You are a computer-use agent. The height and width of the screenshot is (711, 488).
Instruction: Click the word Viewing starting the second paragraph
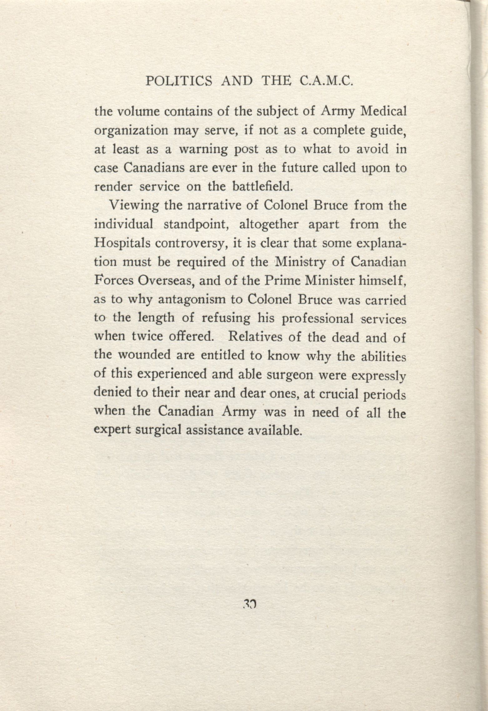(x=133, y=206)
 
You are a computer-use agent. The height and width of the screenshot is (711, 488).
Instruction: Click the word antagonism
(x=192, y=300)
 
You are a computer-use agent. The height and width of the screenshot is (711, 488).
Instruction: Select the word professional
(x=318, y=319)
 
